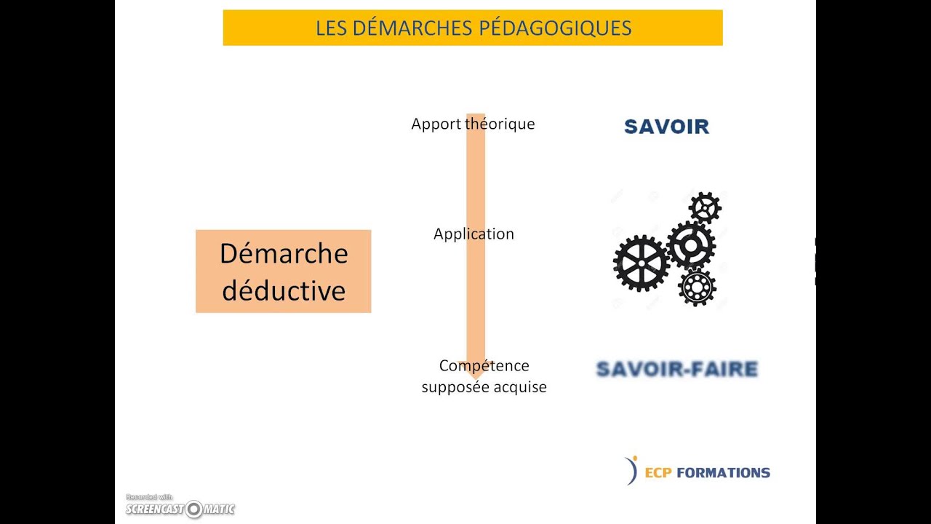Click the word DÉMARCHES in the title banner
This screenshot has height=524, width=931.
(x=412, y=28)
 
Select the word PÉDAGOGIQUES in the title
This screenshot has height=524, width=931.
(x=555, y=28)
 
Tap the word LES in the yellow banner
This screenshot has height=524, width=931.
(x=331, y=28)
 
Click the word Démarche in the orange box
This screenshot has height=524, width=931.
(x=284, y=253)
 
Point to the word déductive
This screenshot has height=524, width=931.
(x=284, y=290)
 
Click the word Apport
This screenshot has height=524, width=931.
(x=436, y=124)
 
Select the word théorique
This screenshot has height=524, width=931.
(x=500, y=124)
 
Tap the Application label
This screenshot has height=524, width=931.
(x=474, y=234)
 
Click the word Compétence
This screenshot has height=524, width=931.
(x=484, y=365)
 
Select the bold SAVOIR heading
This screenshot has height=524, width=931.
(x=667, y=127)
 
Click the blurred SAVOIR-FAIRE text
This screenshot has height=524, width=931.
(x=677, y=369)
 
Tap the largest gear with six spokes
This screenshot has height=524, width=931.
(x=642, y=263)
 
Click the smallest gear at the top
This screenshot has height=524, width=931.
(x=705, y=208)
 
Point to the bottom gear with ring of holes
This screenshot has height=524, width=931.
(x=697, y=287)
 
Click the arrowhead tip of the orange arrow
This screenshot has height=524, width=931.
(x=476, y=379)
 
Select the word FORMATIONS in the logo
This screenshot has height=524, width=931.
(x=723, y=473)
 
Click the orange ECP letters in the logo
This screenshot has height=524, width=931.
(x=658, y=473)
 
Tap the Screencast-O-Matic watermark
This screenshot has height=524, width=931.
(x=180, y=506)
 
